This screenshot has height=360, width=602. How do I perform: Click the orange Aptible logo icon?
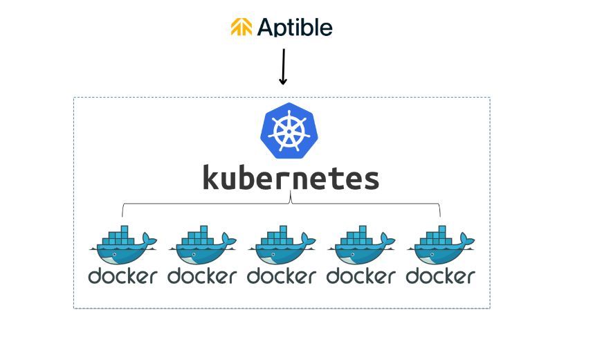(241, 27)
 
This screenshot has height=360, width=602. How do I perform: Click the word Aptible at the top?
(295, 28)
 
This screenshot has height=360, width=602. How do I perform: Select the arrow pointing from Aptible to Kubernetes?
(282, 67)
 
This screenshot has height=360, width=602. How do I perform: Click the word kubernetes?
(291, 178)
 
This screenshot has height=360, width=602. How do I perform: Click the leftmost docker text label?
(122, 276)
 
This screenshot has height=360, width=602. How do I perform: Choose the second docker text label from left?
(202, 276)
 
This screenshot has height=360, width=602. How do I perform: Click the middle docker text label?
(282, 276)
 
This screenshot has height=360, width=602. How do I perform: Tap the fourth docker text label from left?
(361, 276)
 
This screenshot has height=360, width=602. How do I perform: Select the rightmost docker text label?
(441, 276)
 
